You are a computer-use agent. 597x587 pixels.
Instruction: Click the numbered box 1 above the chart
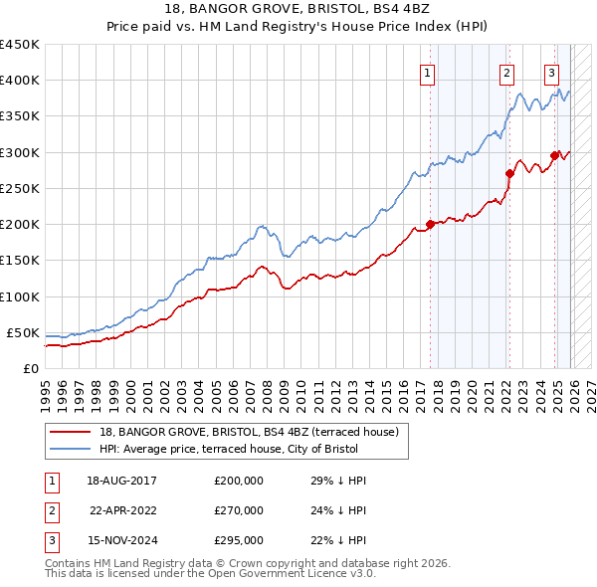[428, 72]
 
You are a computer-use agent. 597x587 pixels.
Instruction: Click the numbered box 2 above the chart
[506, 72]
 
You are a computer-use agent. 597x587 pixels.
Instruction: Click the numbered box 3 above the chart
[551, 72]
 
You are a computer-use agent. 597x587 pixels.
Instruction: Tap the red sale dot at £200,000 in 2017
[430, 224]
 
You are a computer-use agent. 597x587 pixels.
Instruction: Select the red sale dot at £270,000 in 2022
[509, 173]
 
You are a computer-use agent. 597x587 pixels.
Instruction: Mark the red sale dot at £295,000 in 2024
[554, 155]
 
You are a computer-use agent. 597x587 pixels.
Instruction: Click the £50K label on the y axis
[24, 332]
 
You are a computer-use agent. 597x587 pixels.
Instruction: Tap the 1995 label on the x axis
[46, 394]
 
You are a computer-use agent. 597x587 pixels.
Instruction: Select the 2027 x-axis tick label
[588, 394]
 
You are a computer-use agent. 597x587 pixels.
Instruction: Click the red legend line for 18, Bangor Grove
[71, 432]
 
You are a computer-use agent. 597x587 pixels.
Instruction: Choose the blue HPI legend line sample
[71, 449]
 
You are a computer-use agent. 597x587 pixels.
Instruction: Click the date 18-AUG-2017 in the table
[121, 481]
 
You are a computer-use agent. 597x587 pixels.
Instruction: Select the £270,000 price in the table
[239, 510]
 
